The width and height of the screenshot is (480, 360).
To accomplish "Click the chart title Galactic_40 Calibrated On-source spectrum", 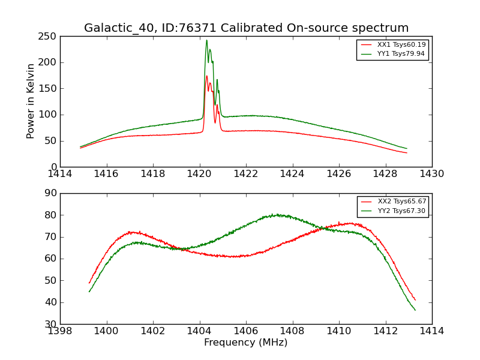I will point(246,28).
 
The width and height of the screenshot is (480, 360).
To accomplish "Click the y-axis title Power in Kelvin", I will point(31,101).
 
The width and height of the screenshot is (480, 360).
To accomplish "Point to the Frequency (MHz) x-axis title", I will point(246,343).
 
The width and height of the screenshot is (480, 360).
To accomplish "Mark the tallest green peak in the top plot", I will point(206,40).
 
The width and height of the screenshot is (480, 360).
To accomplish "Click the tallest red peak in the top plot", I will point(206,76).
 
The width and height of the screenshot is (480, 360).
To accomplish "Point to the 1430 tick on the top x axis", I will point(432,174).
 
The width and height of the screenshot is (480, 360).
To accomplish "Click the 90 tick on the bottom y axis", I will point(52,193).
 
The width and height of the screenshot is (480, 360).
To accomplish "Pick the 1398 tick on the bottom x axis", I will point(60,331).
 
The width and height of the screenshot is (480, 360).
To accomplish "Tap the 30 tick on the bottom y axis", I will point(52,324).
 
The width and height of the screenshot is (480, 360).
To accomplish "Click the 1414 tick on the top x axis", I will point(60,174).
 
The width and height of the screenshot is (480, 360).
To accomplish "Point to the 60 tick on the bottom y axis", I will point(52,259).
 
